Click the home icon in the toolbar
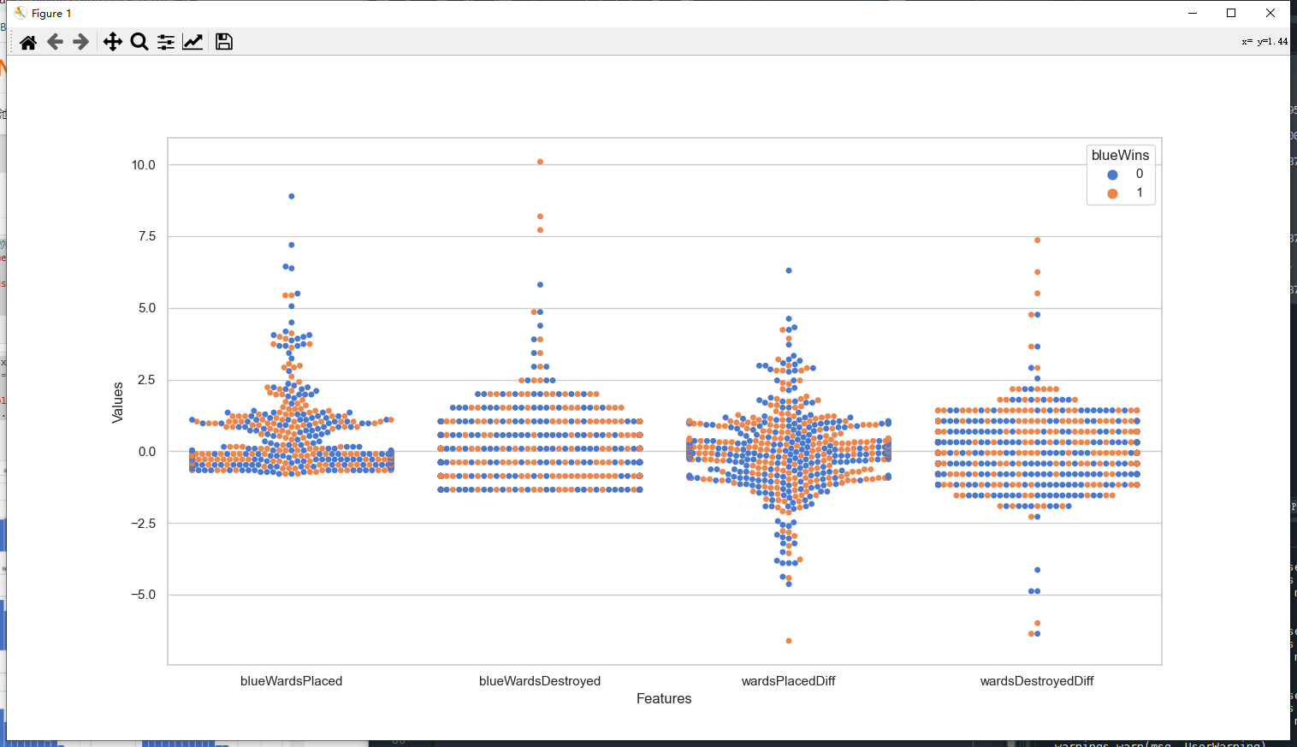[28, 42]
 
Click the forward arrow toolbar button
[81, 42]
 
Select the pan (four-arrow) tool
[112, 42]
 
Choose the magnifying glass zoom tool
[139, 42]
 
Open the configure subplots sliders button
[166, 42]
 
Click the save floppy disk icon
[224, 42]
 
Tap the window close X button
[1270, 13]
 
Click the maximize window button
[1231, 13]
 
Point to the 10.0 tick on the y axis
[143, 165]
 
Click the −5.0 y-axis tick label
[143, 595]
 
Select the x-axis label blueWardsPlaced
[291, 681]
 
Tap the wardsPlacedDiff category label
[788, 681]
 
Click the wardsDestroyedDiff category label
[1037, 681]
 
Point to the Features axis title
[664, 698]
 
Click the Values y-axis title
[118, 402]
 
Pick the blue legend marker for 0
[1112, 175]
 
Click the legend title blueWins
[1120, 155]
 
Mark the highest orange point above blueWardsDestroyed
[540, 162]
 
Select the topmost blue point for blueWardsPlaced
[292, 196]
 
